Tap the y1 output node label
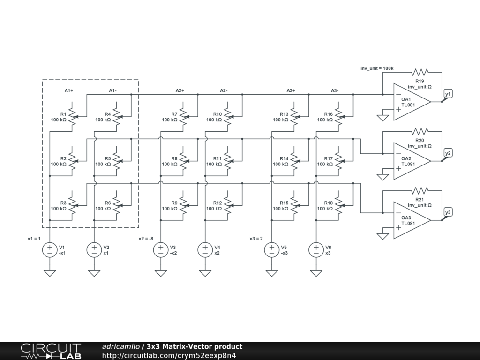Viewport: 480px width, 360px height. tap(448, 94)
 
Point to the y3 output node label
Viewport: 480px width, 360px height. tap(448, 213)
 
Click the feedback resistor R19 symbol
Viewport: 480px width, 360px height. tap(420, 72)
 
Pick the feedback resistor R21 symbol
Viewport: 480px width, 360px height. tap(420, 191)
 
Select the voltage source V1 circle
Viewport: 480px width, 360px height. tap(50, 250)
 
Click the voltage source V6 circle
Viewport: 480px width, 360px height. tap(316, 250)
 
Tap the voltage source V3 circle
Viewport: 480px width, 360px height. tap(161, 250)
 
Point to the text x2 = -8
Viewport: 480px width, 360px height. tap(146, 239)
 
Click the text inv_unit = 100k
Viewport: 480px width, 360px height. tap(377, 69)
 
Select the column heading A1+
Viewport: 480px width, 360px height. tap(69, 90)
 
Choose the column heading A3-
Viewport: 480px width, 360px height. tap(335, 90)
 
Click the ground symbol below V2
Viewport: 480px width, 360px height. tap(94, 273)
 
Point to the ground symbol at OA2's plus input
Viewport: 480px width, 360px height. tap(383, 176)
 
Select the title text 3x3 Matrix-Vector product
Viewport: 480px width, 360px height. tap(195, 347)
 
